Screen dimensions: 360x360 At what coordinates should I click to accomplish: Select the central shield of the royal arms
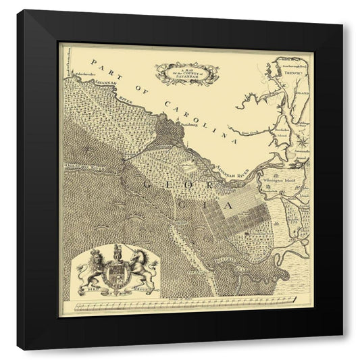[x=116, y=274]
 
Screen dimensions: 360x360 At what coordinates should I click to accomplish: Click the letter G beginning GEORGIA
[x=147, y=182]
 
